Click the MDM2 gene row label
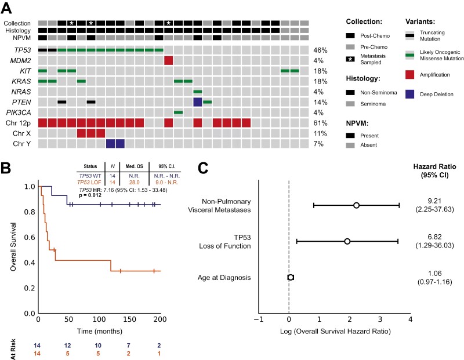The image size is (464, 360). pyautogui.click(x=23, y=61)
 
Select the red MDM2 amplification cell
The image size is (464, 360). pyautogui.click(x=169, y=61)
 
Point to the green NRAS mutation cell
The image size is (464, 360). pyautogui.click(x=198, y=92)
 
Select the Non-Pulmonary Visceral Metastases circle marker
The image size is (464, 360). pyautogui.click(x=356, y=205)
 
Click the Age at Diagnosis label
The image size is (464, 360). pyautogui.click(x=223, y=278)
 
